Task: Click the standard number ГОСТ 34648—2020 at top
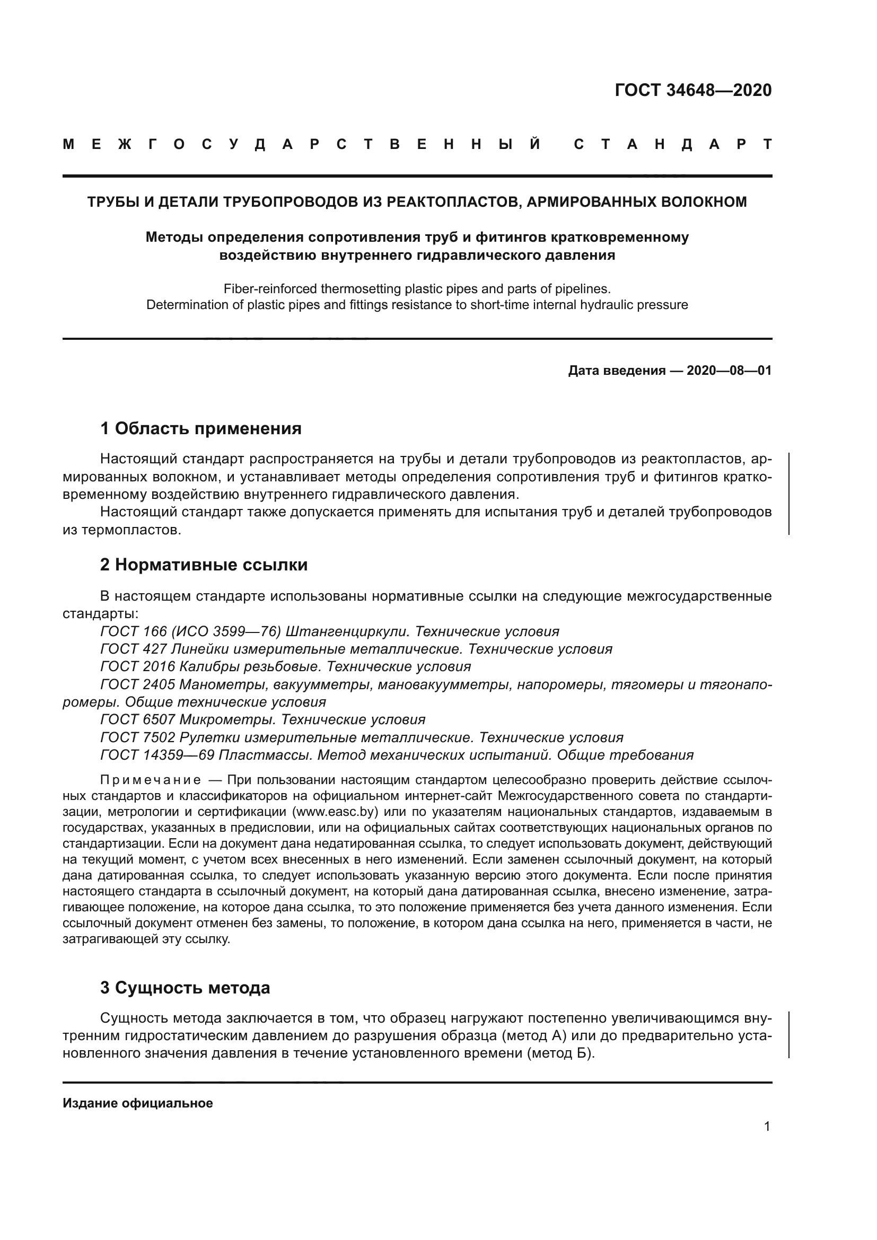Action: [693, 90]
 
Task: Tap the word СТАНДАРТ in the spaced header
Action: [672, 145]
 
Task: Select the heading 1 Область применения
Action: [201, 428]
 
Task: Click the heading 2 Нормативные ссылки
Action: [204, 565]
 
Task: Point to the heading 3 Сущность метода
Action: [185, 988]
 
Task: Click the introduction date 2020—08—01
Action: [729, 371]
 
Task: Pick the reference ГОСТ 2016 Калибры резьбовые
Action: [213, 666]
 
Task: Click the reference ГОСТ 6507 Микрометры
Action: [188, 719]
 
